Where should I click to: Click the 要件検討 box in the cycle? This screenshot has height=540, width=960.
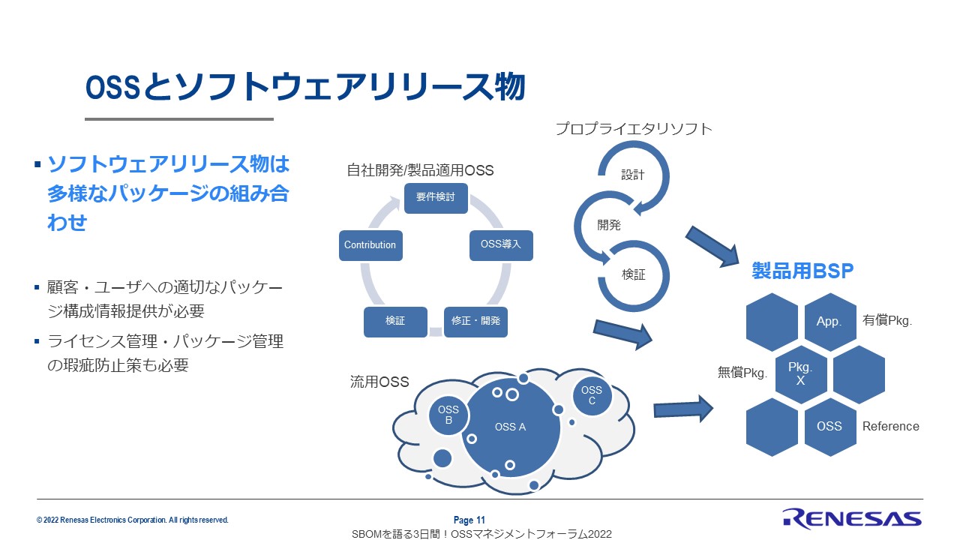coord(436,198)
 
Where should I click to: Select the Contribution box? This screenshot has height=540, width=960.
coord(370,245)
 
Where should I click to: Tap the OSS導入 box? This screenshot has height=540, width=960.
coord(501,245)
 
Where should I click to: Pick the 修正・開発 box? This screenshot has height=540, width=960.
coord(475,321)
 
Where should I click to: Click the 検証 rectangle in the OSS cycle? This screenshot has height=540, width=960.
coord(395,321)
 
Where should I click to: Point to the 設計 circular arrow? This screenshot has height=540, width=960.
coord(633,175)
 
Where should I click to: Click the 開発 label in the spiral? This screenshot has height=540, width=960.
coord(609,224)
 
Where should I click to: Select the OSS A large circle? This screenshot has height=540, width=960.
coord(510,427)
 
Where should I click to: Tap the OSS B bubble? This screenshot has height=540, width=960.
coord(448,415)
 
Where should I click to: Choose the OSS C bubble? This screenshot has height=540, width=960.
coord(592,395)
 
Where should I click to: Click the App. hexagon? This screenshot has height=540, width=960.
coord(829,322)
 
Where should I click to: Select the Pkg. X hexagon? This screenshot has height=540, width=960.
coord(801,373)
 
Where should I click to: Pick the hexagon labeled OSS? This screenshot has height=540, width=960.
coord(829,426)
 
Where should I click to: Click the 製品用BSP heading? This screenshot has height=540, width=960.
coord(802,271)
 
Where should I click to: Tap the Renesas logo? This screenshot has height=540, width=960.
coord(851,517)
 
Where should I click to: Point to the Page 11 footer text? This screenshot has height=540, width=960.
coord(469,520)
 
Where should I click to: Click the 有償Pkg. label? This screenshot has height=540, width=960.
coord(886,320)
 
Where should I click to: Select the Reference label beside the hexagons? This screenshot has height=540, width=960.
coord(890,426)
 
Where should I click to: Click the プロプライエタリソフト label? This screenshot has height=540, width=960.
coord(634,129)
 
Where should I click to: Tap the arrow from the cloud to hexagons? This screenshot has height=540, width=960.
coord(682,409)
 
